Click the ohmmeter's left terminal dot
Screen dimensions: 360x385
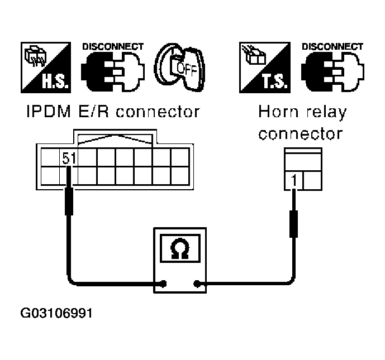pos(163,284)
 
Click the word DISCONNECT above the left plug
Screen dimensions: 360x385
pos(113,46)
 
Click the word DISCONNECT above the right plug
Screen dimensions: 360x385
pos(332,46)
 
